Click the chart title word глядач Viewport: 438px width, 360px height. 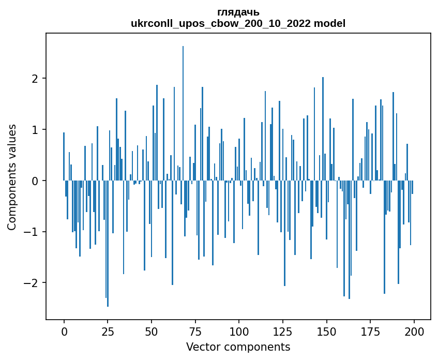click(x=238, y=12)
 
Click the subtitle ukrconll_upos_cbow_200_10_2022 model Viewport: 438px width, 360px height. click(x=238, y=23)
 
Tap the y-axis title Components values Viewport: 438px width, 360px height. click(x=12, y=177)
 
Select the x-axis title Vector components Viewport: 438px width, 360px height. click(x=238, y=347)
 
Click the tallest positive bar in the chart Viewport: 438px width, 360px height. click(x=183, y=114)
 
